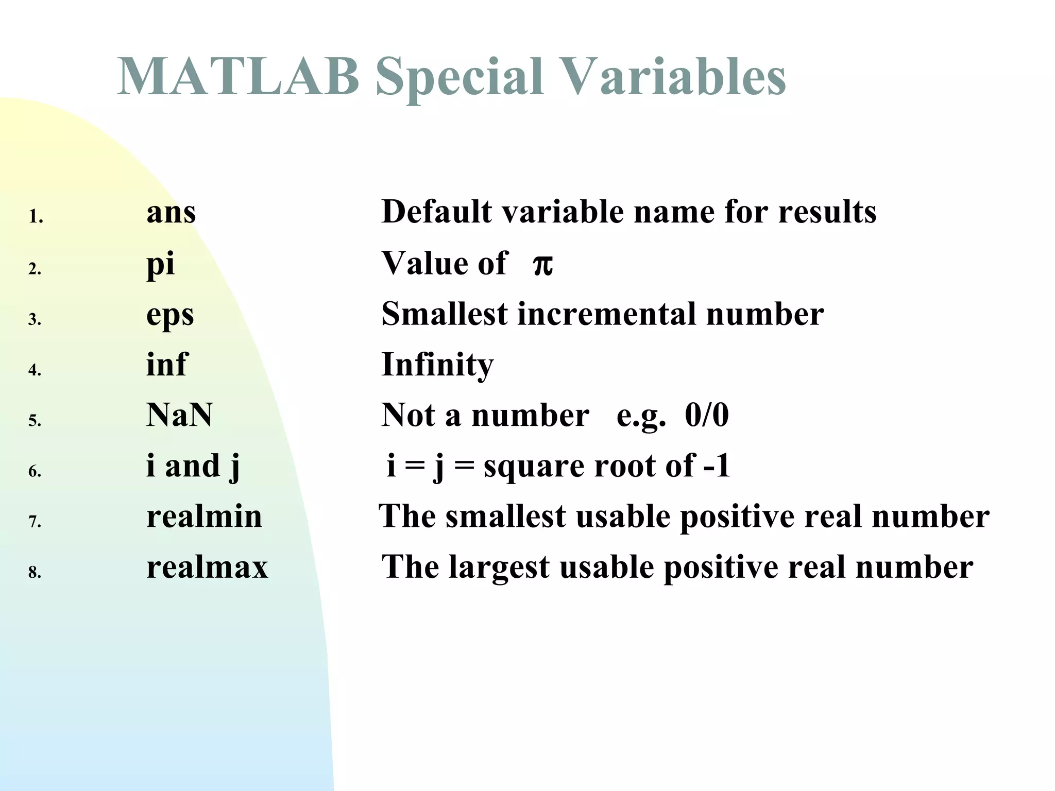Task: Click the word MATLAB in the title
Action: [x=238, y=77]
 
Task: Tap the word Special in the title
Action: [x=459, y=77]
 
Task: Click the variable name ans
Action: [x=171, y=212]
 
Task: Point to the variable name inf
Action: [x=167, y=365]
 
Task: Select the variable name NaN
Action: [x=179, y=415]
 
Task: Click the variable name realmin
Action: [x=204, y=517]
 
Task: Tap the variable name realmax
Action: [x=207, y=567]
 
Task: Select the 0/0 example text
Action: [x=707, y=415]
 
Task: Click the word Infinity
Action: [x=437, y=365]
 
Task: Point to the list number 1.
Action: [x=35, y=217]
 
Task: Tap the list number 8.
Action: [x=35, y=572]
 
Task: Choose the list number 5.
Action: [x=35, y=421]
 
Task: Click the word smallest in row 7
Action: [x=505, y=517]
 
